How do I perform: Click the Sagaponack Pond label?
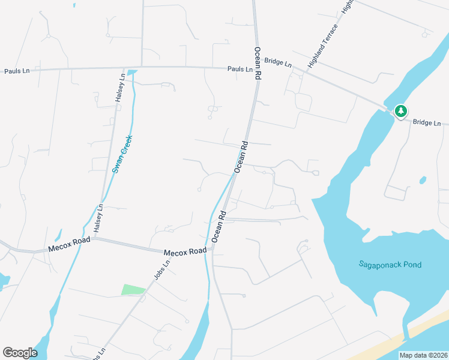[390, 265]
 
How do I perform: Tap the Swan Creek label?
[122, 154]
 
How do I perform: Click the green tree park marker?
[400, 111]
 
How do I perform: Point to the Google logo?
[20, 353]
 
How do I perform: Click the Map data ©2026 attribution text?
[423, 355]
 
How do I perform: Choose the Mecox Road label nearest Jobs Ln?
[185, 252]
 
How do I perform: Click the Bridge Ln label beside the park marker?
[427, 122]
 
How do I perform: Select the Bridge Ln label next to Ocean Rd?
[277, 62]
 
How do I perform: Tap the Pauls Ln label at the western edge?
[17, 71]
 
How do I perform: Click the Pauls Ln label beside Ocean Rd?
[240, 69]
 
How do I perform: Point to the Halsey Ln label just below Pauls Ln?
[120, 88]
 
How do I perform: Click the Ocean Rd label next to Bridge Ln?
[258, 64]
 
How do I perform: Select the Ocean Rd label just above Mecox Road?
[218, 224]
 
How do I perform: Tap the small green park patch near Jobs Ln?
[133, 290]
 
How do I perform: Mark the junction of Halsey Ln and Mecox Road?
[94, 238]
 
